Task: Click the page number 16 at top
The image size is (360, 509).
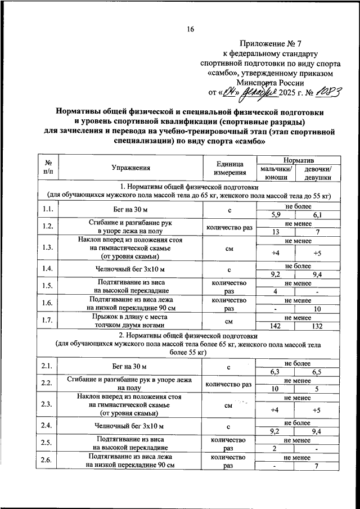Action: point(191,29)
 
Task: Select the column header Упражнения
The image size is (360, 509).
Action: point(130,168)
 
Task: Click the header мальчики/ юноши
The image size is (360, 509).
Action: point(276,173)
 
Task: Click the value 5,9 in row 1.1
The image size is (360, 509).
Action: point(276,215)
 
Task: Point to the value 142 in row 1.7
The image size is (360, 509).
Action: point(276,326)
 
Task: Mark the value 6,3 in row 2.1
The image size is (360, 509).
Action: point(276,372)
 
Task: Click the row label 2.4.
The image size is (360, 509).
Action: point(48,426)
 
